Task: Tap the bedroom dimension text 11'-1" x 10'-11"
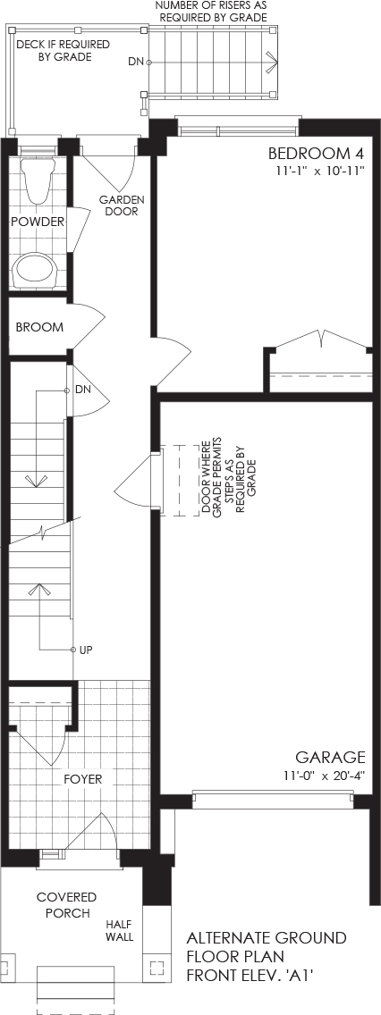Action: pos(318,172)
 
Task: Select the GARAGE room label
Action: pos(330,758)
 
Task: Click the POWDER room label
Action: pos(38,222)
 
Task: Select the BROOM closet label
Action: pos(39,328)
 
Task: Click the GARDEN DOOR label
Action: pos(122,206)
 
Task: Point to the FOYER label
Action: pos(83,779)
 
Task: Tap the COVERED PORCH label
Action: pos(67,905)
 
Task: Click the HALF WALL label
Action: pos(120,931)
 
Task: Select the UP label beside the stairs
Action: pos(86,650)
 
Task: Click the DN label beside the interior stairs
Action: pos(82,390)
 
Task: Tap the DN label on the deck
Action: pos(135,63)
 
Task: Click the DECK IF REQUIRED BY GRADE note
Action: pos(63,51)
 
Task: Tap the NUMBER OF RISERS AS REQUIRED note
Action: pos(211,12)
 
